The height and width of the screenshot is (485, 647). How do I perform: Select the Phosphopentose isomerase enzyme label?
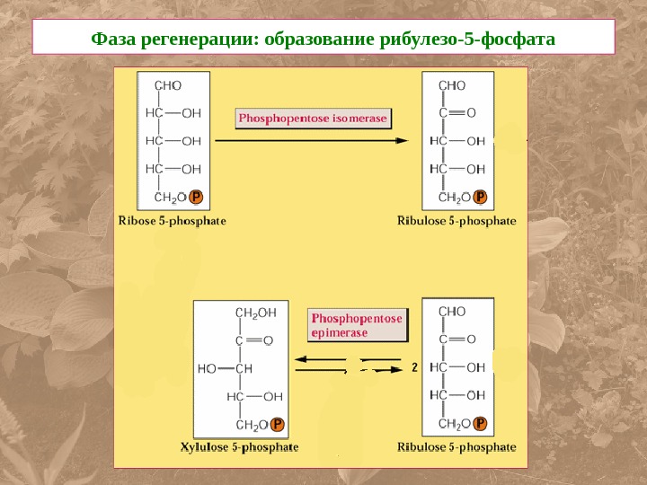(313, 119)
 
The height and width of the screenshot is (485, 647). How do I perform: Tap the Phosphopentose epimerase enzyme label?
(357, 325)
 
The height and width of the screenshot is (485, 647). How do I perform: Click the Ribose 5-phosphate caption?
(173, 220)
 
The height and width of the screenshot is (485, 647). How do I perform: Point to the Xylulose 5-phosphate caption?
(240, 446)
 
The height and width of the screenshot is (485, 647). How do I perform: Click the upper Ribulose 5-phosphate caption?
(457, 220)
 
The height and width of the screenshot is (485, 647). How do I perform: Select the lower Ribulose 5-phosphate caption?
(457, 446)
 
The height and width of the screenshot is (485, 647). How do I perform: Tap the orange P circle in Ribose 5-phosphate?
(197, 197)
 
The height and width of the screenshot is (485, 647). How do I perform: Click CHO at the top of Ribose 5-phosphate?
(168, 85)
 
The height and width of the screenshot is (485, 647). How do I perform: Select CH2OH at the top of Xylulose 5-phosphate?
(255, 312)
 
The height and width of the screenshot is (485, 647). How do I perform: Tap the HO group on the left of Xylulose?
(207, 368)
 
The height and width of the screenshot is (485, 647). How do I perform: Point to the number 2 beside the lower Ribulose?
(414, 367)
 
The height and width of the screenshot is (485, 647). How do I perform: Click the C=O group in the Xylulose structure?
(253, 340)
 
